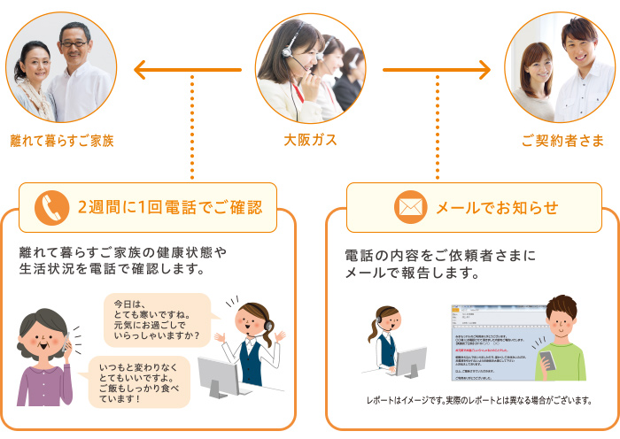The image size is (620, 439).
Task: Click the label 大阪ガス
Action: [310, 140]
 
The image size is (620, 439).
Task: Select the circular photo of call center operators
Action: [310, 68]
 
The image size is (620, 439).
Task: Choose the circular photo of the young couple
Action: [559, 68]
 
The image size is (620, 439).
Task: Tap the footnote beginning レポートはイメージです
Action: [479, 401]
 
